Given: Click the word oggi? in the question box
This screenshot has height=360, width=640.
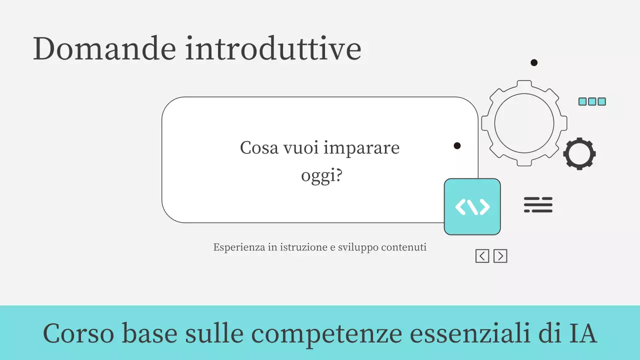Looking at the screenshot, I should [x=321, y=176].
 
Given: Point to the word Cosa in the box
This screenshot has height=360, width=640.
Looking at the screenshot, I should [x=259, y=148].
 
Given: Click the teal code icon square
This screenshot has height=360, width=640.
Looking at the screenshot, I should [x=472, y=206].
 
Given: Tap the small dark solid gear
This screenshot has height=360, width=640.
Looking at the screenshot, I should [x=579, y=153].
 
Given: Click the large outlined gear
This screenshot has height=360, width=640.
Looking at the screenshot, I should [x=524, y=123].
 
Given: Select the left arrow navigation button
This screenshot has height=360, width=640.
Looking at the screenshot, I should [x=482, y=256].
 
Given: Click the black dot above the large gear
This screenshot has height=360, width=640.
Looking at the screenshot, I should [x=534, y=62].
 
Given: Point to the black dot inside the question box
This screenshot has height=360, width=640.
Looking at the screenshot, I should [x=457, y=145].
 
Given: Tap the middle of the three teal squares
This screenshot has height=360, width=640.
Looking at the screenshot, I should [x=592, y=101].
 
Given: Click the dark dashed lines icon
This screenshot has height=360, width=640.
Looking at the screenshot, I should [x=538, y=205].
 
